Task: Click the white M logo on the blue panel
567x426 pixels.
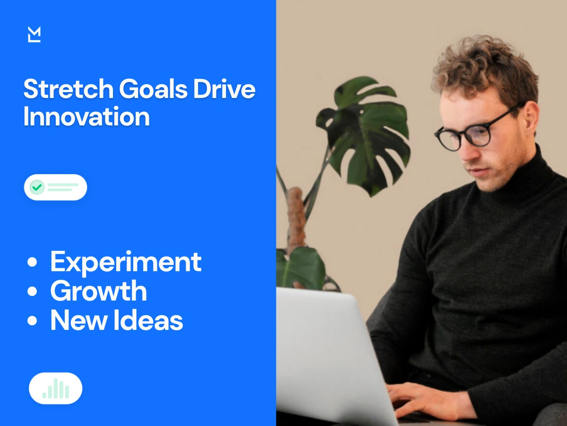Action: (x=34, y=35)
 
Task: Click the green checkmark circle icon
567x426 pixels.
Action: (x=37, y=187)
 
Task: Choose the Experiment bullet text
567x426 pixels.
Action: (x=126, y=262)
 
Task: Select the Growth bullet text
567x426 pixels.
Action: (x=98, y=291)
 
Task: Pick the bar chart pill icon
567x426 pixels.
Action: (x=56, y=388)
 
